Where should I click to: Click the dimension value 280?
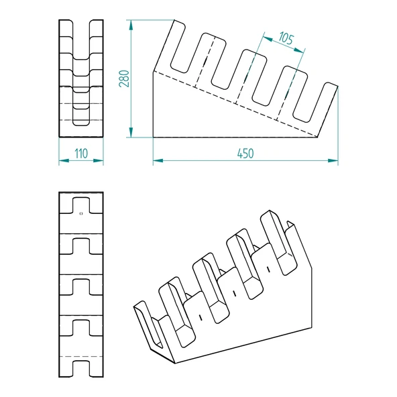click(x=124, y=78)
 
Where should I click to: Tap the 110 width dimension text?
click(x=81, y=154)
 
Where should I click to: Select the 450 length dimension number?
click(x=245, y=154)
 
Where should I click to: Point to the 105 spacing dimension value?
click(x=286, y=38)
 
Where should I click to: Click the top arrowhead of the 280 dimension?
click(x=131, y=25)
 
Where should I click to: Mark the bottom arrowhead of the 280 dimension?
click(x=131, y=132)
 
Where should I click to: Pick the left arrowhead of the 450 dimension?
click(x=158, y=160)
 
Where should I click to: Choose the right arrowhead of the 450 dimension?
click(x=333, y=160)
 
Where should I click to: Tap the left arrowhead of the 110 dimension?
click(x=64, y=160)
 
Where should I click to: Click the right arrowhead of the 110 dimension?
click(x=98, y=160)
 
